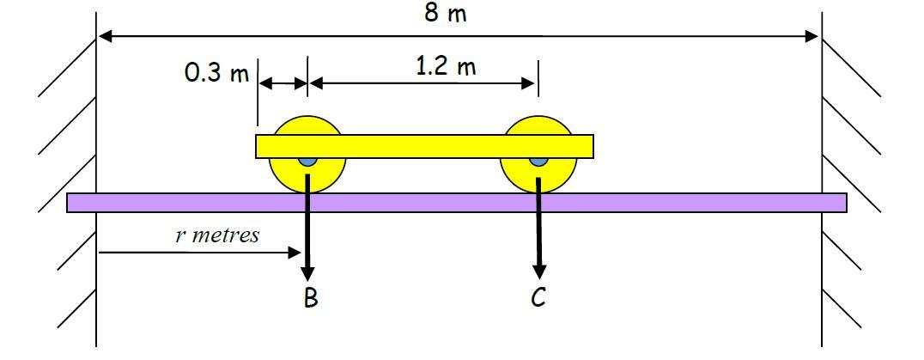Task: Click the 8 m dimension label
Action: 446,14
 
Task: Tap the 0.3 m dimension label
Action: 216,73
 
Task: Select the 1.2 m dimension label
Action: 445,66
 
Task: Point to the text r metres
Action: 217,235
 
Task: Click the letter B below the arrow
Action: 310,298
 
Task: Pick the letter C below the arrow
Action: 538,298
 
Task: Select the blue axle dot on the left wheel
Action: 307,161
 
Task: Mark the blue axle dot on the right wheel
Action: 538,161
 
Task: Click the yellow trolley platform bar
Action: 424,146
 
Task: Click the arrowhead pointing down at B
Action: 307,273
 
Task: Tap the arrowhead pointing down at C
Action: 538,273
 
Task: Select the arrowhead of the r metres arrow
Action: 295,253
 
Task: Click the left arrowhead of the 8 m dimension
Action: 106,36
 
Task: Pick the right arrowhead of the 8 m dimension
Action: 812,36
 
